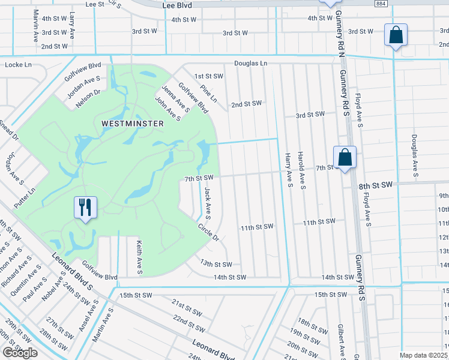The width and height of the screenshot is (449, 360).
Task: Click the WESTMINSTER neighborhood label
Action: [132, 123]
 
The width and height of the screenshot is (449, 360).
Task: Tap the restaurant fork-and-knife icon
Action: [86, 208]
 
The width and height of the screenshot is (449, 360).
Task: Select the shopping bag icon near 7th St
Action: [345, 158]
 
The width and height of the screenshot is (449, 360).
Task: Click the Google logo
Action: [20, 353]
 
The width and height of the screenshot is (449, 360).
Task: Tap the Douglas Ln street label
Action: [250, 63]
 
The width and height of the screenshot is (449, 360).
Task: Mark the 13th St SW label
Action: [215, 264]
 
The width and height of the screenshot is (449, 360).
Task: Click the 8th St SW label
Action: [375, 187]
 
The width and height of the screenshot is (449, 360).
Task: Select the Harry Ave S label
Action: [288, 169]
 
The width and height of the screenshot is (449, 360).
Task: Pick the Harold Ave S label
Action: [303, 170]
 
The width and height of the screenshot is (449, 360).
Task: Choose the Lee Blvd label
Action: [178, 4]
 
